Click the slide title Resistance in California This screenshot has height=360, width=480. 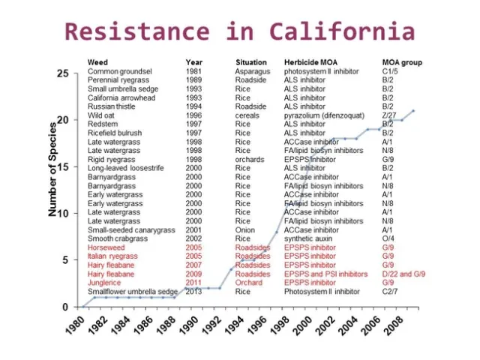239,31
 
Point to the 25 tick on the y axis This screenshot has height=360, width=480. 64,73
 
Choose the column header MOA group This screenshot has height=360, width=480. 402,62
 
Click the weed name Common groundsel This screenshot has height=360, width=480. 119,71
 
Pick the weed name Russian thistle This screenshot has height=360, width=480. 113,107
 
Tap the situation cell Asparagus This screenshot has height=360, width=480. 251,71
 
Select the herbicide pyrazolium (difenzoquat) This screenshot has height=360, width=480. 324,116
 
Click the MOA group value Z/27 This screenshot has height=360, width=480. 388,116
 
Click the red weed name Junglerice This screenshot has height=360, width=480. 105,283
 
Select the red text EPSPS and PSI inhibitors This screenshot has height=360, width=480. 325,274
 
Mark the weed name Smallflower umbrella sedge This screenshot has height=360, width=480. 132,292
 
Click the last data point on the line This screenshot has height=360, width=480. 413,111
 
